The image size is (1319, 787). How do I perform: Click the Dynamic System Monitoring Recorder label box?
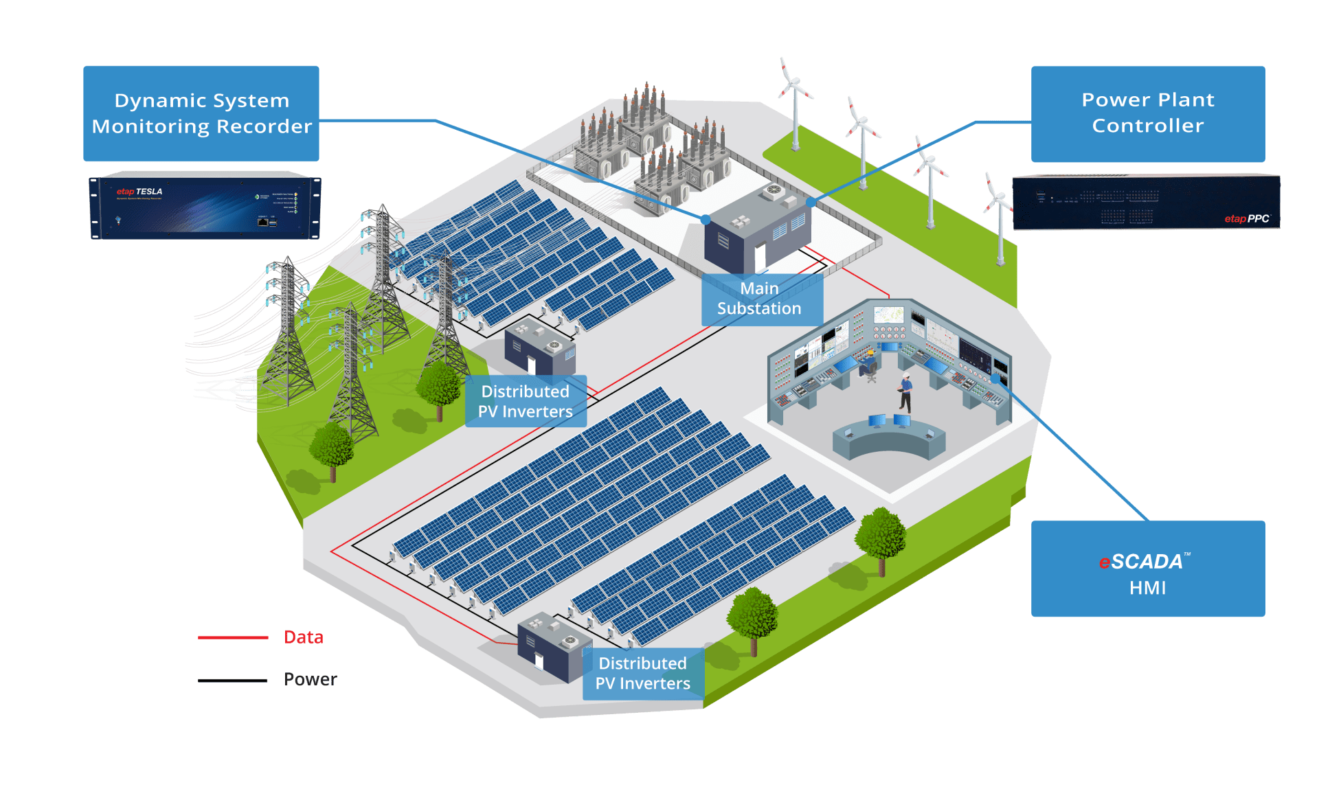point(201,113)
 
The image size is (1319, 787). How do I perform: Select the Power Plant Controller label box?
point(1147,113)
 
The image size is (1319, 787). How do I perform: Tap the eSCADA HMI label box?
point(1147,569)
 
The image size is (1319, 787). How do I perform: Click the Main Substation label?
point(760,299)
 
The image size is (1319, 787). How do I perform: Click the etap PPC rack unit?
point(1146,202)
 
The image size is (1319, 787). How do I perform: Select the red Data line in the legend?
point(233,638)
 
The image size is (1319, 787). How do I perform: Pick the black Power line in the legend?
point(233,681)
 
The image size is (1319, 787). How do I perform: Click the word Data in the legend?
point(304,637)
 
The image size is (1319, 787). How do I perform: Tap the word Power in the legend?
point(311,680)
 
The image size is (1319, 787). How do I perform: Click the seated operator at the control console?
point(870,364)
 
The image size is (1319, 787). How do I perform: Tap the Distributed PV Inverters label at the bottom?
point(643,674)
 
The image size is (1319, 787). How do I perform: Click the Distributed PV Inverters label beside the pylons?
point(526,402)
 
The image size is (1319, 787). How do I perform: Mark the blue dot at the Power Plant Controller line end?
point(811,203)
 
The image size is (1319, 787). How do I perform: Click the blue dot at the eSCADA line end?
point(995,378)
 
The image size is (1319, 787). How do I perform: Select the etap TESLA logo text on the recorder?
point(139,192)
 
